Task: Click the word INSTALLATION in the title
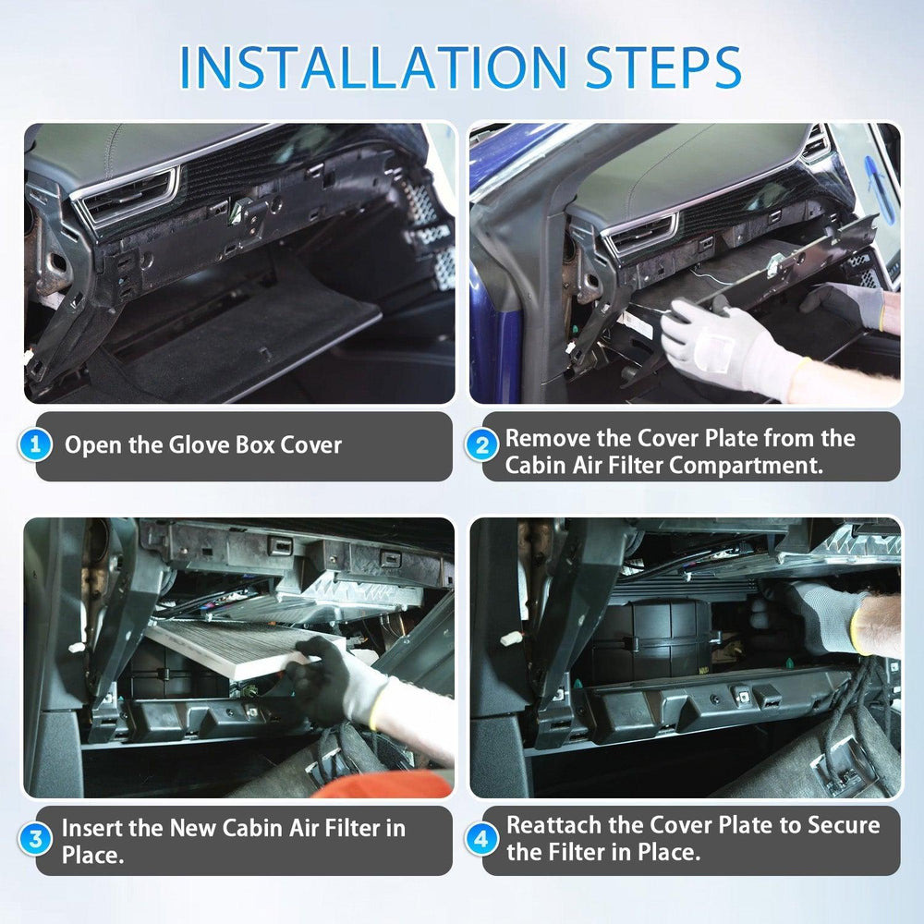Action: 370,67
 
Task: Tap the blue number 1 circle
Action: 36,445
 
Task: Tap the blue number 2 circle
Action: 481,445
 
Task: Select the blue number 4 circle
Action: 481,840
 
